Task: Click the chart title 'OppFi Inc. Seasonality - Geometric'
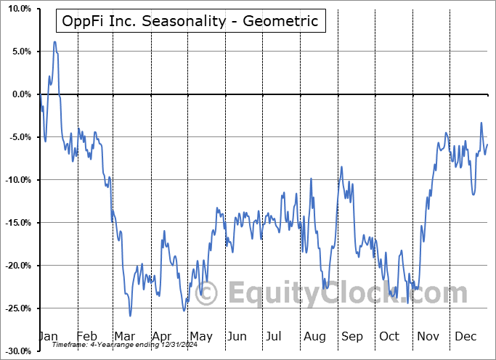pos(191,20)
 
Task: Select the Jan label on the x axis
pos(48,336)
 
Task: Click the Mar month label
pos(124,336)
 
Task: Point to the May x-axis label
pos(200,336)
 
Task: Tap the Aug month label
pos(314,336)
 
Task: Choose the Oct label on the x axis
pos(390,336)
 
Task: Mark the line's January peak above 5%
pos(54,42)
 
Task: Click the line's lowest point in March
pos(130,316)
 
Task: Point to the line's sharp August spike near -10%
pos(311,179)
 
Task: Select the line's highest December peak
pos(481,123)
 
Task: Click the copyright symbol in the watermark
pos(206,294)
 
